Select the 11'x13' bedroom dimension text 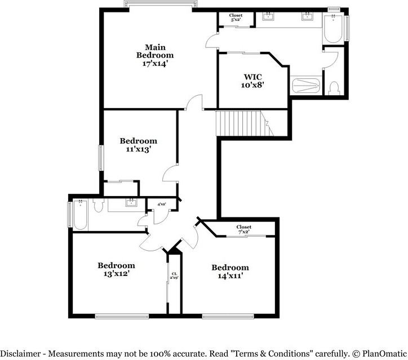point(138,150)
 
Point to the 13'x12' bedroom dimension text point(116,274)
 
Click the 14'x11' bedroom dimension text point(230,276)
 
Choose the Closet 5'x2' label point(236,17)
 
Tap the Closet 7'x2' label point(244,229)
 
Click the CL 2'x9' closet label point(174,276)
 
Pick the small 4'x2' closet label point(162,204)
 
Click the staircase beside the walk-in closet point(240,123)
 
